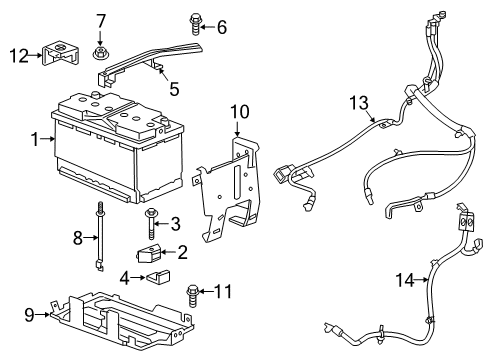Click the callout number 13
click(x=358, y=102)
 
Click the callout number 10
click(x=237, y=111)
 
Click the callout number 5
click(x=174, y=89)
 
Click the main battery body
click(x=110, y=150)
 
